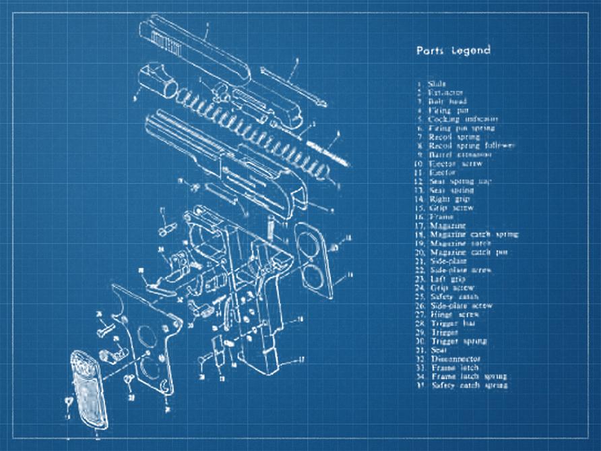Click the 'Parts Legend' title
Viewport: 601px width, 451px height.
pos(453,51)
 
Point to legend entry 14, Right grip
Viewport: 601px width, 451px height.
pos(450,199)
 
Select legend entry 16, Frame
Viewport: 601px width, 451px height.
pos(441,217)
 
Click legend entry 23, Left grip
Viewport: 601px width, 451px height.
pos(447,279)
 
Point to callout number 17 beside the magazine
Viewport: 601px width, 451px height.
pos(301,359)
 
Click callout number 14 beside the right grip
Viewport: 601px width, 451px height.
pos(348,276)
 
